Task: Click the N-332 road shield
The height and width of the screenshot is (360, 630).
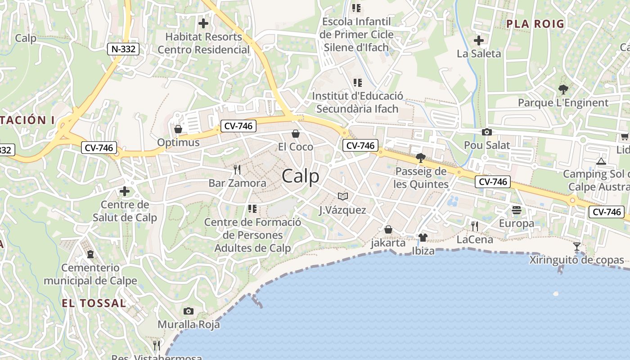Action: pyautogui.click(x=123, y=49)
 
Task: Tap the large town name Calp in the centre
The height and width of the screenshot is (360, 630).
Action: pyautogui.click(x=301, y=176)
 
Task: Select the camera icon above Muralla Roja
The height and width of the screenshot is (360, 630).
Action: pyautogui.click(x=189, y=311)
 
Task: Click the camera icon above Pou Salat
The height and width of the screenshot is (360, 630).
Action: pyautogui.click(x=486, y=132)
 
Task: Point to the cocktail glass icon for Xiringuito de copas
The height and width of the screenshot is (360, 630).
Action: pyautogui.click(x=577, y=246)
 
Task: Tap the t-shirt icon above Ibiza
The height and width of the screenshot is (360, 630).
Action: pyautogui.click(x=423, y=237)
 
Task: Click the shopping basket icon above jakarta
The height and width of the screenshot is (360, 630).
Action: pyautogui.click(x=388, y=229)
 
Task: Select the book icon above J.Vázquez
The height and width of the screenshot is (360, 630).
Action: pyautogui.click(x=343, y=196)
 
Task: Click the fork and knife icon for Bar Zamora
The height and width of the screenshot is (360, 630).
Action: pyautogui.click(x=237, y=170)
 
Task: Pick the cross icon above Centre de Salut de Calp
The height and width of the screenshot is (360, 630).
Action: pyautogui.click(x=125, y=191)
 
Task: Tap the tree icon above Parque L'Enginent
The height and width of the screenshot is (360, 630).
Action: pyautogui.click(x=562, y=89)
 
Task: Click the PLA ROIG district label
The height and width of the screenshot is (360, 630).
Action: pyautogui.click(x=535, y=24)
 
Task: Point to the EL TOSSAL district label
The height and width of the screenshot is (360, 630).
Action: pyautogui.click(x=94, y=303)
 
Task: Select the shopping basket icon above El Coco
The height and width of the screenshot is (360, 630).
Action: pyautogui.click(x=296, y=133)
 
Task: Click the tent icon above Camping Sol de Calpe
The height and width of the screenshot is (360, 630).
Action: pyautogui.click(x=601, y=161)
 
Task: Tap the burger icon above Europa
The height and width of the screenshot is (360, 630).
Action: pyautogui.click(x=516, y=210)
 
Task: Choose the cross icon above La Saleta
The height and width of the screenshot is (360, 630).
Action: pyautogui.click(x=479, y=40)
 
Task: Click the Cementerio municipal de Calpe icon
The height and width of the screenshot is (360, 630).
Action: pyautogui.click(x=90, y=254)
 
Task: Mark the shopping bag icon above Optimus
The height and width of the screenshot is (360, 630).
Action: pyautogui.click(x=178, y=129)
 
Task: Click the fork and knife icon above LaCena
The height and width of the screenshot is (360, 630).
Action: pyautogui.click(x=474, y=226)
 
